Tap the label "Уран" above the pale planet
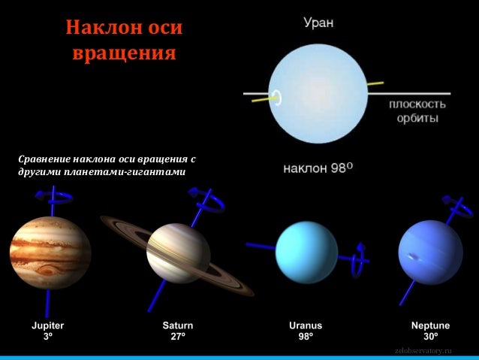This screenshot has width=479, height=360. [319, 23]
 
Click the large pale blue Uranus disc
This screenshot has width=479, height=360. [316, 94]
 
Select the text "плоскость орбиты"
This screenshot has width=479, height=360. [417, 111]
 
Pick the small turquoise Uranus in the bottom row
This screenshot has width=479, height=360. [306, 253]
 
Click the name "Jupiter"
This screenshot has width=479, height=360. [48, 325]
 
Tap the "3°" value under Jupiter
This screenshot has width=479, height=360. [48, 337]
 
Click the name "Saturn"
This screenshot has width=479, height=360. [178, 325]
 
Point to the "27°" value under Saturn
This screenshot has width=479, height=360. [178, 337]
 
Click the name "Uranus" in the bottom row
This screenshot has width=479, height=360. [306, 325]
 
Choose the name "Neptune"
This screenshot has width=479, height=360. [430, 325]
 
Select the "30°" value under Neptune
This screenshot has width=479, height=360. [430, 337]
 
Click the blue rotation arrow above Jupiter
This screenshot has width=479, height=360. [53, 197]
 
